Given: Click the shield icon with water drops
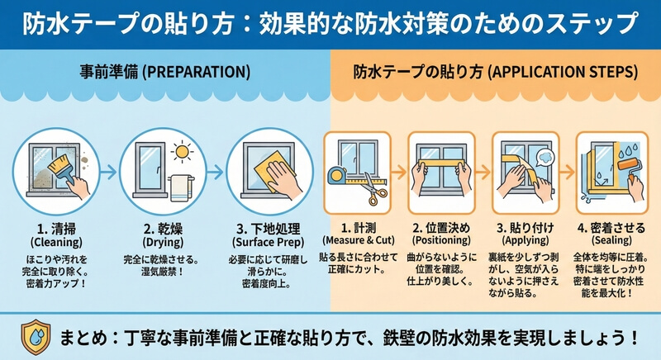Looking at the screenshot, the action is pos(36,337).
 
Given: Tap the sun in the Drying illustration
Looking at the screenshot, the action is pos(183,152).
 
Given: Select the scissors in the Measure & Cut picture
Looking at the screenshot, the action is pos(373,189).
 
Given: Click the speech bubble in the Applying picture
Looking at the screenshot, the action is pos(545,159).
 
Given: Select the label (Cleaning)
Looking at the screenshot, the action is pos(56,243).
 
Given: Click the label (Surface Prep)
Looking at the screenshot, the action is pos(268,243).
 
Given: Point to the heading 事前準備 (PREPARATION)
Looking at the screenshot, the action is pos(164,72).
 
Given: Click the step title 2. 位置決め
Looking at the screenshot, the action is pos(441,228).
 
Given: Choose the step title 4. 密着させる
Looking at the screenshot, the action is pos(611,228).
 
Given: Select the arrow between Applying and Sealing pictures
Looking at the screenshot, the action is pos(567,172).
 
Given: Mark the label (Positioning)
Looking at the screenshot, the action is pos(441,240).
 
